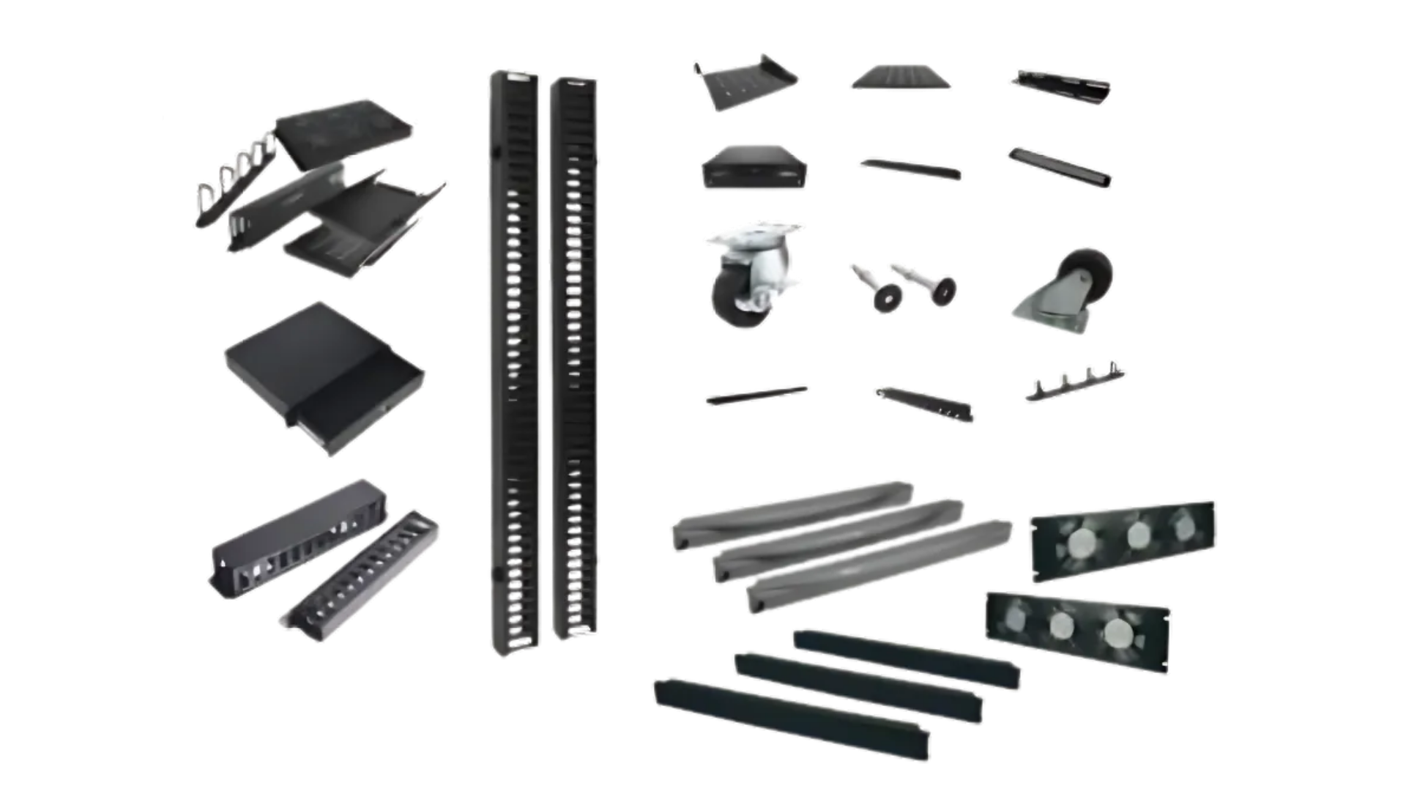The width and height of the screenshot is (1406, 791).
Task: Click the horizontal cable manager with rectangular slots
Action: click(300, 538)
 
